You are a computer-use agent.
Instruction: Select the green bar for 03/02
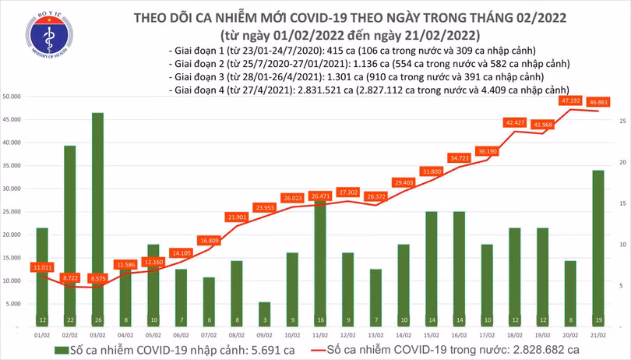97,218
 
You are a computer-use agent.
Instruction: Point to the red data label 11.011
42,267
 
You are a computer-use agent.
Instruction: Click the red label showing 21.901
237,217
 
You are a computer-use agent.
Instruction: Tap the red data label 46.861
599,102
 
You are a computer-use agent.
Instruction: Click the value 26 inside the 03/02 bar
97,319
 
